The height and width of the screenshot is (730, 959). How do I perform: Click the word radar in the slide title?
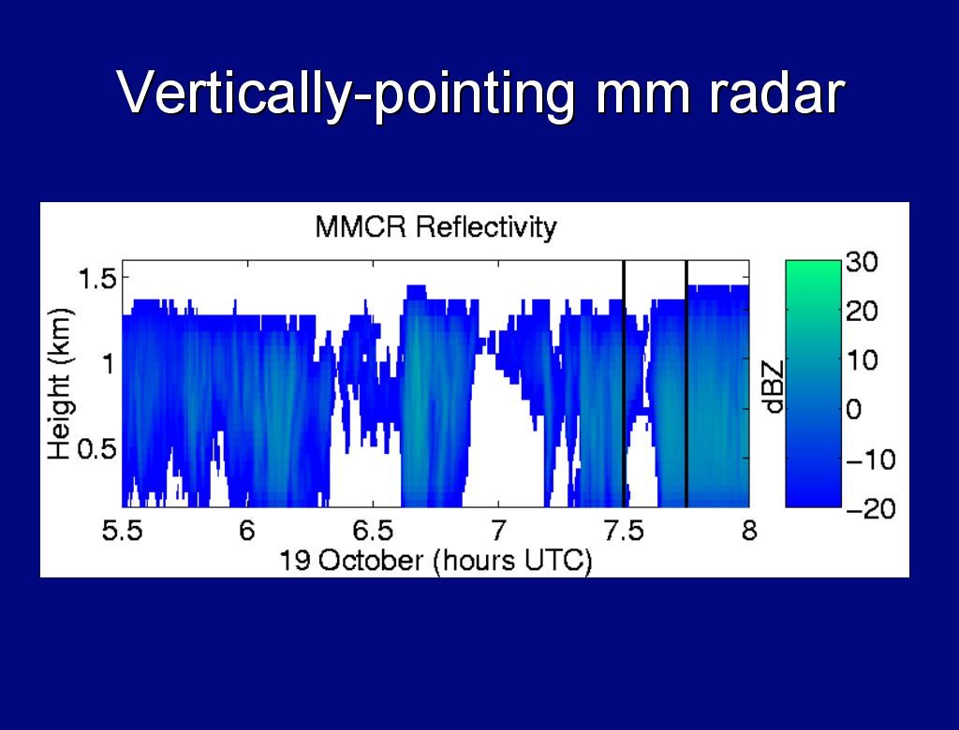click(777, 93)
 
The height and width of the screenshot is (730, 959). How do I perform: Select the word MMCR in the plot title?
click(361, 226)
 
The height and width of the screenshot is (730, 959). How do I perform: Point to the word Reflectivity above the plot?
click(486, 228)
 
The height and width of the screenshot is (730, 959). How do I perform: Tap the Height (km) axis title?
click(60, 384)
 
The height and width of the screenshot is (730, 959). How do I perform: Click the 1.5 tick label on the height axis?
click(97, 280)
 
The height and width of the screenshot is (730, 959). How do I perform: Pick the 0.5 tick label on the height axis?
click(96, 449)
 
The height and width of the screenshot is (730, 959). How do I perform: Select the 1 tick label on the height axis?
click(109, 364)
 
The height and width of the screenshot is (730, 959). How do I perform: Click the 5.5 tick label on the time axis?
click(122, 530)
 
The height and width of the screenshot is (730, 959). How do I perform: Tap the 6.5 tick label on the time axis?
click(373, 530)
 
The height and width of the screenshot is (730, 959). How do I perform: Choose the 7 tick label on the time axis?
click(499, 530)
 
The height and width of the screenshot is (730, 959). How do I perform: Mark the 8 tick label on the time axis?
click(749, 530)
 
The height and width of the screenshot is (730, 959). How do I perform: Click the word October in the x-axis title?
click(371, 560)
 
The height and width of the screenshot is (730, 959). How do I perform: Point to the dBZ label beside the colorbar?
click(775, 387)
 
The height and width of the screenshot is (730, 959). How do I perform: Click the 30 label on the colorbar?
click(862, 262)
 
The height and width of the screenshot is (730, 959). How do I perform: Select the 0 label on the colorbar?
click(854, 409)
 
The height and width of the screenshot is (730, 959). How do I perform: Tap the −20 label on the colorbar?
click(871, 509)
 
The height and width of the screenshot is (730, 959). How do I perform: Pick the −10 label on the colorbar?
click(871, 460)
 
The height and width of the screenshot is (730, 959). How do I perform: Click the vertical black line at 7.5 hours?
click(624, 384)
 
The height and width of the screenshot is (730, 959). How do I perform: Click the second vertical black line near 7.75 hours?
click(686, 384)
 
